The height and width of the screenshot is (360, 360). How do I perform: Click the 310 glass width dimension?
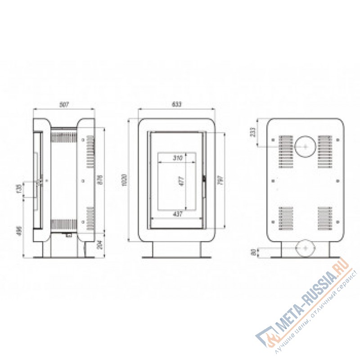point(177,158)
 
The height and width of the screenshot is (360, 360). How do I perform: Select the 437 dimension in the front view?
point(177,215)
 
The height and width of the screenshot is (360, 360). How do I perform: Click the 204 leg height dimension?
point(100,244)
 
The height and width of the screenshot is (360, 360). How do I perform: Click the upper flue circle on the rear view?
point(305,146)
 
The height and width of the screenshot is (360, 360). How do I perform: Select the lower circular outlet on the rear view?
point(306,248)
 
